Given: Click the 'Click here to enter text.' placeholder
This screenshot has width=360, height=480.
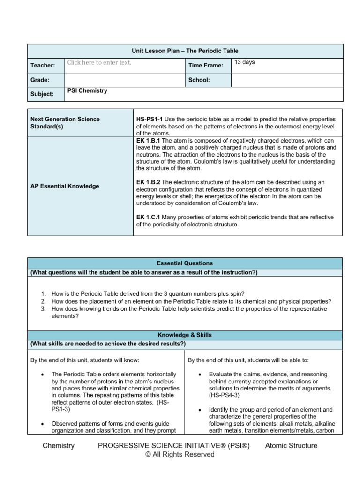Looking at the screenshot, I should coord(99,62).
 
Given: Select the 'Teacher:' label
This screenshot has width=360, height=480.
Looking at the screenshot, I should coord(43,66).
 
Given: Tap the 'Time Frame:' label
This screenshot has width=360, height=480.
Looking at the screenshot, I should coord(205,66).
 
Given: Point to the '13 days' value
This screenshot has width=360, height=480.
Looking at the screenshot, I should coord(245,62).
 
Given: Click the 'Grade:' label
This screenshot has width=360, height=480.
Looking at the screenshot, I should coord(40,80).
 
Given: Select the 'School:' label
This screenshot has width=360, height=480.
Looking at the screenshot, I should coord(199,80).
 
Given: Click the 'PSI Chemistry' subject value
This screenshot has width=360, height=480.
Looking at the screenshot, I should coord(87,91).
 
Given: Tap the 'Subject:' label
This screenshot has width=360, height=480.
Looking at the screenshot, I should coord(42,94).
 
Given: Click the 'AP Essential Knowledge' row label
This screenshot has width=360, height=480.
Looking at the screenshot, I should coord(65,186).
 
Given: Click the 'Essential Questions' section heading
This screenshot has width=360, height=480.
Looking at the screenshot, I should coord(185,263).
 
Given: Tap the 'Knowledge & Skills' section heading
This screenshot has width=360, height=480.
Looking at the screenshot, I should coord(185,335).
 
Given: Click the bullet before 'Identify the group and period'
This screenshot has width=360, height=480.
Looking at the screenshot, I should coord(200,409).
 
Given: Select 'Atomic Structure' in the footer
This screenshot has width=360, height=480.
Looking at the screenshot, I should coord(291,446).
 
